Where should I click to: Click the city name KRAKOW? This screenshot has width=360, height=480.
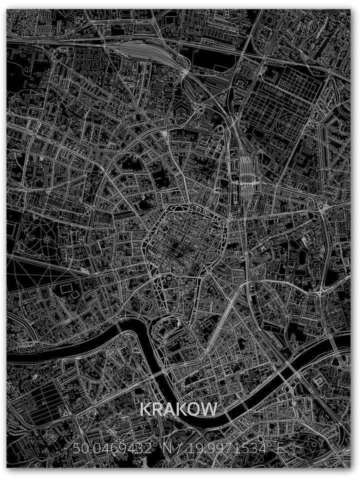pos(178,409)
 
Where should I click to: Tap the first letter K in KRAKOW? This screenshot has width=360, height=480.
pos(145,409)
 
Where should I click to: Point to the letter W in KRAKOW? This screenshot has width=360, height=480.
pos(209,409)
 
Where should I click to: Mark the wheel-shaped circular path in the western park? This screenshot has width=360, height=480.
pos(47,240)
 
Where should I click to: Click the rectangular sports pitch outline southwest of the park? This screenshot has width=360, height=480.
pos(65,289)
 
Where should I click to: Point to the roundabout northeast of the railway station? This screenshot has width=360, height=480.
pos(321,205)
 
